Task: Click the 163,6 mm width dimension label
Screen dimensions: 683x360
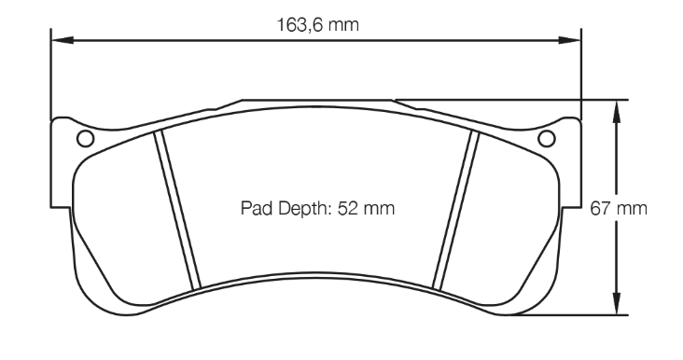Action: tap(318, 25)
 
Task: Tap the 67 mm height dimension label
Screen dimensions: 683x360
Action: tap(619, 209)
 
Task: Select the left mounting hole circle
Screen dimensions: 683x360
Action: tap(86, 139)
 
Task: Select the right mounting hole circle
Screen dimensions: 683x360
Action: tap(547, 139)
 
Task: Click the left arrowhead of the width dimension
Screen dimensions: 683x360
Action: tap(62, 40)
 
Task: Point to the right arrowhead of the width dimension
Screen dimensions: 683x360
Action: tap(570, 40)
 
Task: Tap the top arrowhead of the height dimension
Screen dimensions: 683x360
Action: tap(616, 111)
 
